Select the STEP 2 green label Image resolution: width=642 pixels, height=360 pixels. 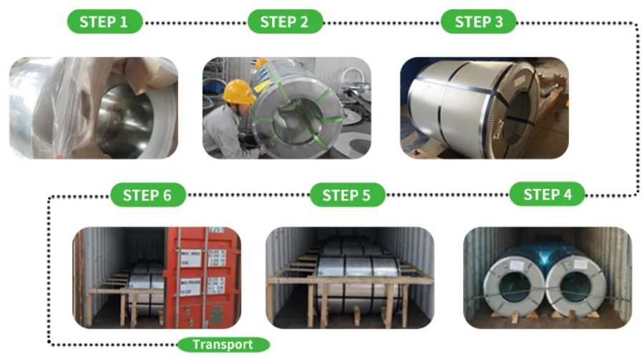[284, 21]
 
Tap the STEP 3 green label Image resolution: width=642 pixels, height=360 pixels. [479, 21]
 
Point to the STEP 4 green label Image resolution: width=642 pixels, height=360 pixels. [548, 195]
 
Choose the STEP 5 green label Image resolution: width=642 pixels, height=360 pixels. [346, 195]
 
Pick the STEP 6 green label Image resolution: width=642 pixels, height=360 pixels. [147, 195]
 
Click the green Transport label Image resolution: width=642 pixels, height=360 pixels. [223, 344]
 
